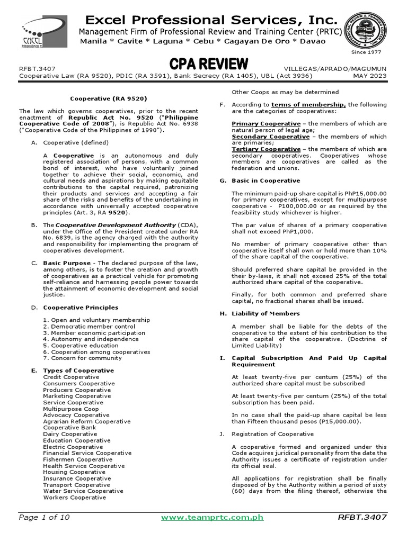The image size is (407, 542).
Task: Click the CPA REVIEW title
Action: point(208,65)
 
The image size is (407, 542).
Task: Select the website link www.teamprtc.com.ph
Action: point(212,517)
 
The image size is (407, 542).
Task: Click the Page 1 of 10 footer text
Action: point(44,517)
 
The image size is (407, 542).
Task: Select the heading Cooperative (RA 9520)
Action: point(109,98)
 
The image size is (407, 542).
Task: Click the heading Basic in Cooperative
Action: point(266,180)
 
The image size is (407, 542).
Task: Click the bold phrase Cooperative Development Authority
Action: point(116,225)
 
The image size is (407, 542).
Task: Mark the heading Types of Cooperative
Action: point(78,371)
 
